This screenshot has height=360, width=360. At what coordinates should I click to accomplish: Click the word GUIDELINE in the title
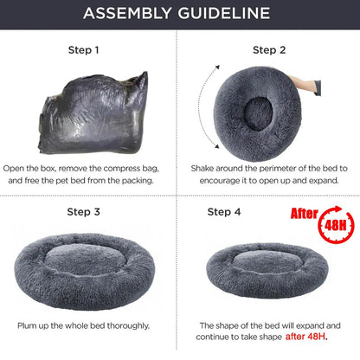click(224, 13)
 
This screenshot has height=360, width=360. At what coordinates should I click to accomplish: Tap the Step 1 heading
click(84, 50)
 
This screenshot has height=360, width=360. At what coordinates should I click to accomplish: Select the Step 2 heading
click(269, 50)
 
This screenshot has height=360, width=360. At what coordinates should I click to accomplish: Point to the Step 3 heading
click(84, 212)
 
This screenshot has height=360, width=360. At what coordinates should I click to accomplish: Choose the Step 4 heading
click(224, 212)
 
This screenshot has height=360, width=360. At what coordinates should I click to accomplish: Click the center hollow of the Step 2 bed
click(258, 112)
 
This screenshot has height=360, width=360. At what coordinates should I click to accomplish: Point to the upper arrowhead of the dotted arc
click(217, 67)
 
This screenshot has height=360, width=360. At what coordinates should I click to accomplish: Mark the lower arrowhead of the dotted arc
click(216, 146)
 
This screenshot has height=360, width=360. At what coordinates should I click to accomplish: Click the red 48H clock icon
click(336, 225)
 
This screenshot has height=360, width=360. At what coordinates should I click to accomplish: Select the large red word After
click(305, 214)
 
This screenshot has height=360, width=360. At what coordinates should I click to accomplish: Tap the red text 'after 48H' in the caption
click(305, 337)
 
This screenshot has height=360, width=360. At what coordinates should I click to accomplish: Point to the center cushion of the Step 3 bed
click(86, 257)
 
